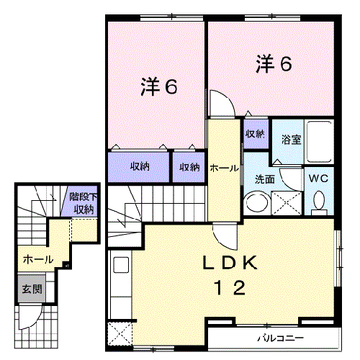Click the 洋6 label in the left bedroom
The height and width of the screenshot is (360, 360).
click(x=158, y=87)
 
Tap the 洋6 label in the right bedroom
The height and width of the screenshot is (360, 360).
click(x=274, y=65)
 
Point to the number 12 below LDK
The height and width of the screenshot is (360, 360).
click(x=229, y=288)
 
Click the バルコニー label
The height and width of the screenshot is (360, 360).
click(x=281, y=338)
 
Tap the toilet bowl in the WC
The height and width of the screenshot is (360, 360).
click(x=320, y=202)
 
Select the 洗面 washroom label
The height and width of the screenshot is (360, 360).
click(x=264, y=179)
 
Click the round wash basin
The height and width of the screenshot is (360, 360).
click(x=254, y=202)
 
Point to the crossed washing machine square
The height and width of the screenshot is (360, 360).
click(x=286, y=202)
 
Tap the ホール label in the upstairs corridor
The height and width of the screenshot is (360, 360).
click(x=224, y=168)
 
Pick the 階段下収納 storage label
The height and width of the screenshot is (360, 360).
click(x=81, y=203)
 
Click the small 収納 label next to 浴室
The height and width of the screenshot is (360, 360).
click(x=255, y=133)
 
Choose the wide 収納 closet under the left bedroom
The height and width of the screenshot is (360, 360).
click(x=140, y=166)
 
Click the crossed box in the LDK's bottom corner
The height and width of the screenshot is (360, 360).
click(x=118, y=334)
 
